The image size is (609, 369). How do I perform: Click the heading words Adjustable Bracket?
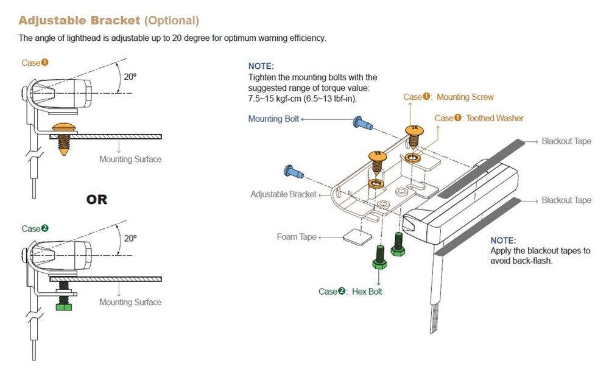[79, 21]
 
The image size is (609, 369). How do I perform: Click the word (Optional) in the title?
[171, 21]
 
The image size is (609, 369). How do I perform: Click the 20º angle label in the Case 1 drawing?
[130, 77]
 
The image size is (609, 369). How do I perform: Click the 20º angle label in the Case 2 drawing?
[130, 238]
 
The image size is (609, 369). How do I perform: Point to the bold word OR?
[97, 200]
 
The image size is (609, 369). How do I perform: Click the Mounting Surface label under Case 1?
[130, 160]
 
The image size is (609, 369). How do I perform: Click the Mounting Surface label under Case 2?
[130, 302]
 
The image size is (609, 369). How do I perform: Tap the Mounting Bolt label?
[273, 119]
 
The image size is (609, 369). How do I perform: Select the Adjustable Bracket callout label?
[283, 194]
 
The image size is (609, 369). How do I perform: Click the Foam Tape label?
[297, 237]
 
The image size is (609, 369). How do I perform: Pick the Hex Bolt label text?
[367, 292]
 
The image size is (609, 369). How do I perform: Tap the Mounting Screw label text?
[465, 97]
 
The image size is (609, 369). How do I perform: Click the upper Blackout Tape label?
[566, 141]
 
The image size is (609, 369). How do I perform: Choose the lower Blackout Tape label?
[566, 200]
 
